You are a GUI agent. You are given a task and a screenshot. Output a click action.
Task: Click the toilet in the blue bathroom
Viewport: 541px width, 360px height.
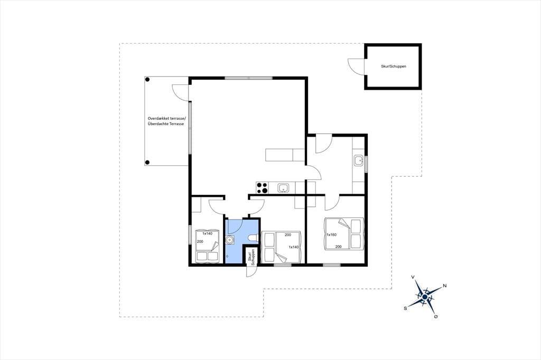pyautogui.click(x=254, y=238)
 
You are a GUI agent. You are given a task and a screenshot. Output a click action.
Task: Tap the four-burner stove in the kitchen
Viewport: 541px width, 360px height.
pyautogui.click(x=262, y=187)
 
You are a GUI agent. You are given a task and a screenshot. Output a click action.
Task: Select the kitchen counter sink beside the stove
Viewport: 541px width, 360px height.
pyautogui.click(x=284, y=188)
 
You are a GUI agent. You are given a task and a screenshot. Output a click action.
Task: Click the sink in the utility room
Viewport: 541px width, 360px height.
pyautogui.click(x=359, y=160)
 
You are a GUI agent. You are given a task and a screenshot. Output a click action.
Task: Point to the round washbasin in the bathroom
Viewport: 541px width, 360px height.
pyautogui.click(x=230, y=239)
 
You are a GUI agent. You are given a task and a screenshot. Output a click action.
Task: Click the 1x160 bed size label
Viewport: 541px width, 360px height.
pyautogui.click(x=331, y=235)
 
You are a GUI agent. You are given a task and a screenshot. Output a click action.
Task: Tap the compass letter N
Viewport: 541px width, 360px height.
pyautogui.click(x=445, y=286)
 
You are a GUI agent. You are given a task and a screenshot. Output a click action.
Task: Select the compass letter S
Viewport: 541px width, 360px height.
pyautogui.click(x=405, y=308)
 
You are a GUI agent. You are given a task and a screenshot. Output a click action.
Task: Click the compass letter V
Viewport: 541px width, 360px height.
pyautogui.click(x=413, y=277)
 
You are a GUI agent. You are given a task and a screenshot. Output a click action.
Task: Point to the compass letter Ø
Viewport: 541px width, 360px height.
pyautogui.click(x=436, y=317)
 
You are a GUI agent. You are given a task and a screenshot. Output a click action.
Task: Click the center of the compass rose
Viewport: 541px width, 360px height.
pyautogui.click(x=425, y=297)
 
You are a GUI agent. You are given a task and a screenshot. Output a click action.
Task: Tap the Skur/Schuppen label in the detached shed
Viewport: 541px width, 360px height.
pyautogui.click(x=393, y=66)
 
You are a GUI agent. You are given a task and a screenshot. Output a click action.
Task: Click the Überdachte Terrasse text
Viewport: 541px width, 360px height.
pyautogui.click(x=165, y=124)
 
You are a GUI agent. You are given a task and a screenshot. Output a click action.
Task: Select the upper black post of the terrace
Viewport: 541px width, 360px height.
pyautogui.click(x=147, y=80)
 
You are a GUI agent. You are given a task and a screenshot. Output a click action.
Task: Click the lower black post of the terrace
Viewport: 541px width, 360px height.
pyautogui.click(x=147, y=163)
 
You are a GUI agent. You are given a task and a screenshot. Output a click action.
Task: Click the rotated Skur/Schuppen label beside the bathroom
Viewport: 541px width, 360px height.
pyautogui.click(x=251, y=257)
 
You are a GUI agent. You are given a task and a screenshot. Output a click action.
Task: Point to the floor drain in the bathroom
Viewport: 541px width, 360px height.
pyautogui.click(x=227, y=257)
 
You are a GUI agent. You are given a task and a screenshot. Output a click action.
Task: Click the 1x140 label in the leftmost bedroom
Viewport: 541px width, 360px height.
pyautogui.click(x=207, y=233)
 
